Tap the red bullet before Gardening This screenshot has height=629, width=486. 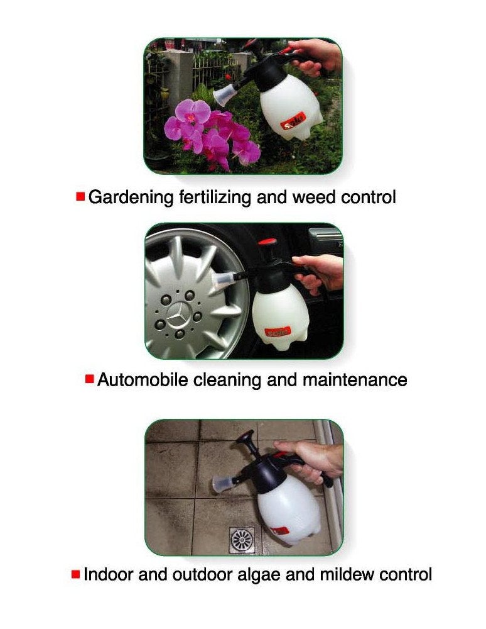click(x=80, y=197)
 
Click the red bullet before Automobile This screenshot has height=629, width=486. click(x=90, y=379)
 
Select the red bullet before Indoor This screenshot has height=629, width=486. click(x=76, y=574)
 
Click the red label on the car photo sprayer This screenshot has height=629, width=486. click(x=277, y=331)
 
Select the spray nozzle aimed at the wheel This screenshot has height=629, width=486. click(x=222, y=281)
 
